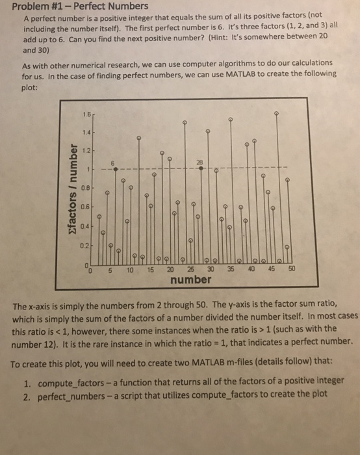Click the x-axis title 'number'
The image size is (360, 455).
(190, 279)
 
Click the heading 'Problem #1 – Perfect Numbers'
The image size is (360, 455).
(81, 6)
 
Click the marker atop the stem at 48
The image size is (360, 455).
(277, 113)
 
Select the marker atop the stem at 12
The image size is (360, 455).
(137, 138)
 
